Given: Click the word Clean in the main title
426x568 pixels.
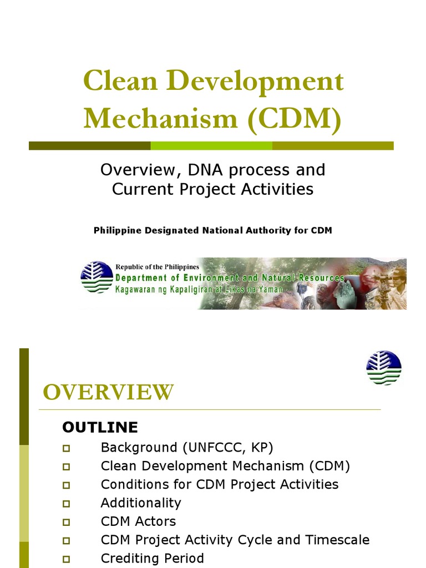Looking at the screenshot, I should coord(117,82).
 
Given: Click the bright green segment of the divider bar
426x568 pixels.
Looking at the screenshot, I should coord(211,146).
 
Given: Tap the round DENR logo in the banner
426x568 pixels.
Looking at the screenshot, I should coord(97,276).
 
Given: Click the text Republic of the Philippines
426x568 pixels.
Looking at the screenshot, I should coord(157,267).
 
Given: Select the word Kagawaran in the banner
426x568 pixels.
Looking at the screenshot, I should coord(136,289).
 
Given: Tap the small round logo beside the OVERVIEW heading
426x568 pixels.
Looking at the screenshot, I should coord(384,368).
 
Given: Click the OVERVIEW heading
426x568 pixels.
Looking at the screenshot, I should coord(108,393).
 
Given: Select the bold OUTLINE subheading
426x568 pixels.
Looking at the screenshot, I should coord(100,427).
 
